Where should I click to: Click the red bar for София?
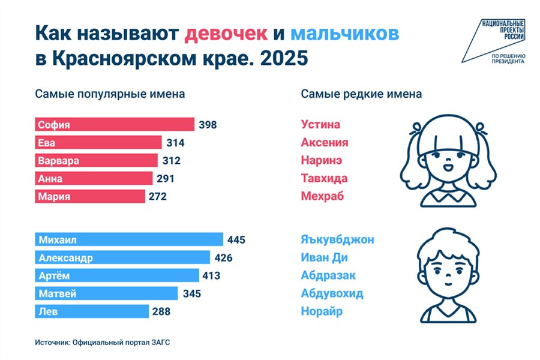pos(115,125)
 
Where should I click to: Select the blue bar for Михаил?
pos(129,240)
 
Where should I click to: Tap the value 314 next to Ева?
pos(175,143)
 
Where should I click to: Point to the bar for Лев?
pos(92,311)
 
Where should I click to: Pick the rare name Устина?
pos(320,125)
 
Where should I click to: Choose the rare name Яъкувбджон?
pos(337,240)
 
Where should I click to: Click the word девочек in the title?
pos(226,34)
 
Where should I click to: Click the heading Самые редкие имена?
pos(361,94)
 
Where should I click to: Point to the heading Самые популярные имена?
pos(110,94)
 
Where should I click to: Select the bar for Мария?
pos(90,196)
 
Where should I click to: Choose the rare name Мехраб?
pos(322,196)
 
